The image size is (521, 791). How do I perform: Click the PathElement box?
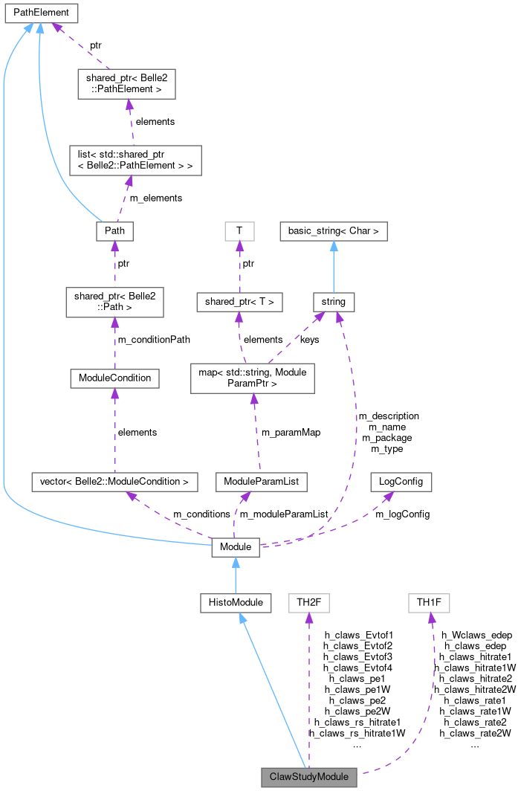41,13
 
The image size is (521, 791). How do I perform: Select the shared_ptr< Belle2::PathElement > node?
126,84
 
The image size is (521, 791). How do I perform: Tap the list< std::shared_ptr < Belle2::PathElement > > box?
132,160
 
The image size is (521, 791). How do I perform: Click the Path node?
114,231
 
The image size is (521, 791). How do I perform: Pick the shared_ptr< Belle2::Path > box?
114,303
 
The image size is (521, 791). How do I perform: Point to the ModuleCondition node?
114,378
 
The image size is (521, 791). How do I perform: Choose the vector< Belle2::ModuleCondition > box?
114,482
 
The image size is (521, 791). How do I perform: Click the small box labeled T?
239,231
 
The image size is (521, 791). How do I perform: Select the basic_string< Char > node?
333,231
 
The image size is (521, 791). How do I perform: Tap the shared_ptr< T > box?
239,302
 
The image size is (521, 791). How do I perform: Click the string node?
333,302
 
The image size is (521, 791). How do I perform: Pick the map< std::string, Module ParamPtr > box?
253,378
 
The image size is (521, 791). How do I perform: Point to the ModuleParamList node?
260,482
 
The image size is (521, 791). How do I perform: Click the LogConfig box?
401,482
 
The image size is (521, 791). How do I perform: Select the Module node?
236,548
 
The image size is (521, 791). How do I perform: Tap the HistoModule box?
236,602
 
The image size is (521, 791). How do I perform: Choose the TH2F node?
308,602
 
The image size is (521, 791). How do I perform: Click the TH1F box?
429,602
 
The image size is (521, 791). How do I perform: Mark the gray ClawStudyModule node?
309,777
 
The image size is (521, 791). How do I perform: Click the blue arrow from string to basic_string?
333,267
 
